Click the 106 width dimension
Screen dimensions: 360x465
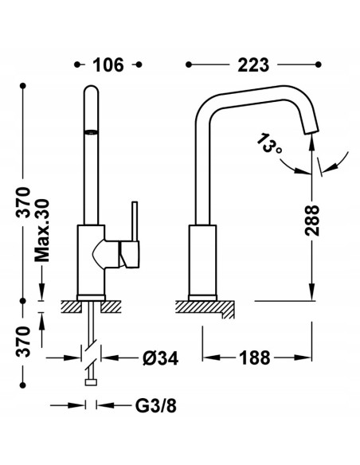(108, 65)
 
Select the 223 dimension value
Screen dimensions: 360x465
(253, 65)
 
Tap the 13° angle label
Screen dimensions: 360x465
(268, 144)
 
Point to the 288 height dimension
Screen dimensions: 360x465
(312, 221)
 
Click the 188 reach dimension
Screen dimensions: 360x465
(255, 358)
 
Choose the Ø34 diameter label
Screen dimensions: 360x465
(160, 358)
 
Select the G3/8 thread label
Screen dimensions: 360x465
(155, 405)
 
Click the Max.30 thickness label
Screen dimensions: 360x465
(41, 230)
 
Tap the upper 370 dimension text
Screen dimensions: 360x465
(23, 202)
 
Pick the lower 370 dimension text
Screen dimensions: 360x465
(23, 342)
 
